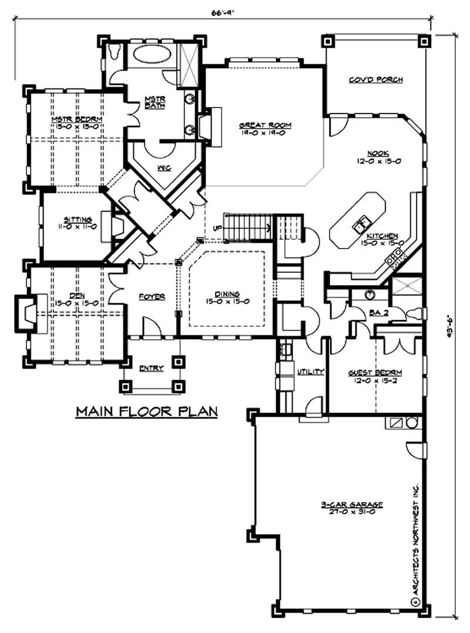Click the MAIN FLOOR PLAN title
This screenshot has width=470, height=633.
click(x=146, y=410)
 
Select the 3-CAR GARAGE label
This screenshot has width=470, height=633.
click(x=352, y=504)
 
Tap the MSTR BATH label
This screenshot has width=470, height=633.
click(x=155, y=102)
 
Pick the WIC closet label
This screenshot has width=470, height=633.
click(x=164, y=168)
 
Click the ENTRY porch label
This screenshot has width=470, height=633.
click(x=151, y=369)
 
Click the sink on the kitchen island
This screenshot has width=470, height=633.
click(x=359, y=223)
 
